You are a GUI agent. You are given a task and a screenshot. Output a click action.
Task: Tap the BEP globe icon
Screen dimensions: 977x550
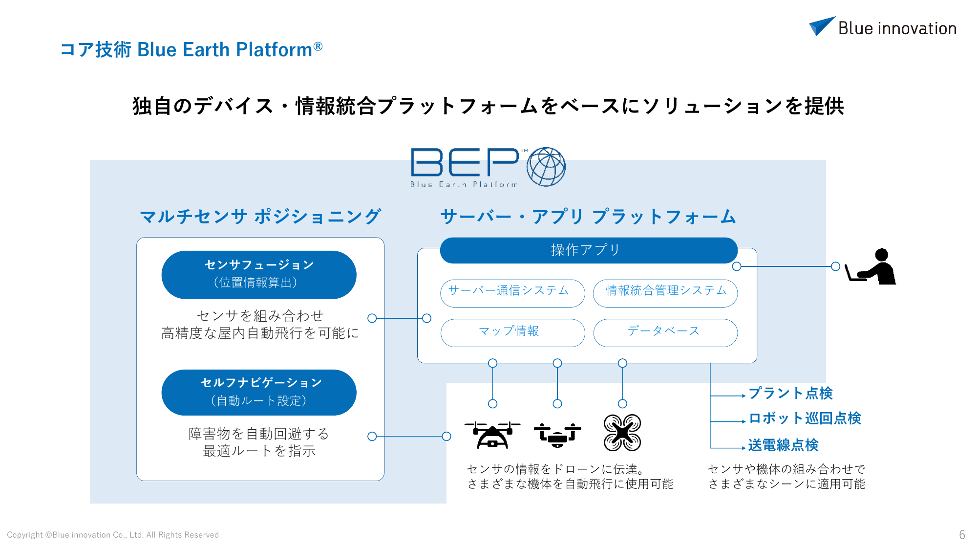click(546, 167)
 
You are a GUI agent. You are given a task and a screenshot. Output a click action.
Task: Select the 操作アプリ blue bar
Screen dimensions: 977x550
click(589, 250)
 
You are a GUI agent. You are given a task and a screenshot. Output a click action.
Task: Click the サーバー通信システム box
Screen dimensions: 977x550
click(512, 293)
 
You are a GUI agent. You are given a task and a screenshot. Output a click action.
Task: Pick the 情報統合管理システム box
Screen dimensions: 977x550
click(665, 293)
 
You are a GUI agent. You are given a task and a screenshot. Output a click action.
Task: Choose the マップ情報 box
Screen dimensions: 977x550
click(512, 333)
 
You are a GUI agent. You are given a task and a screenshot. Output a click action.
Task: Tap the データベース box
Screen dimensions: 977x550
click(665, 333)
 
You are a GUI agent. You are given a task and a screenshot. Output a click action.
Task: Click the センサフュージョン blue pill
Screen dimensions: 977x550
click(259, 275)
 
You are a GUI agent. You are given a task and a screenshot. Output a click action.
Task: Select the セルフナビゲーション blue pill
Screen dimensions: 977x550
click(259, 393)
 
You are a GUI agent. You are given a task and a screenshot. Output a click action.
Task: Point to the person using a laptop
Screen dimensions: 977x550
click(872, 266)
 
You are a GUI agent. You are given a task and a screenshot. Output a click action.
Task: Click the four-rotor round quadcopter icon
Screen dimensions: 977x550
click(622, 433)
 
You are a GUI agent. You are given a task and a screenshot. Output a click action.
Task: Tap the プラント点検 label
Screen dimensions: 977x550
click(790, 393)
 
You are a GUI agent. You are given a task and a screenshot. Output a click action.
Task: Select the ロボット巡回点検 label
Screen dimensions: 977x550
click(805, 418)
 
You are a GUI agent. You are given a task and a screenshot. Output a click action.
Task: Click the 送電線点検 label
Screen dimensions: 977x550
click(783, 445)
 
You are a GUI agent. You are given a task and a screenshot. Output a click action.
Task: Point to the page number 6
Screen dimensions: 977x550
click(962, 535)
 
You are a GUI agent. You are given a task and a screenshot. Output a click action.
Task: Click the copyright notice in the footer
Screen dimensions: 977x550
click(113, 535)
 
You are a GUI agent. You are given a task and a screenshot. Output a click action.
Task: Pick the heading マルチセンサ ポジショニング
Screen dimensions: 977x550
click(260, 216)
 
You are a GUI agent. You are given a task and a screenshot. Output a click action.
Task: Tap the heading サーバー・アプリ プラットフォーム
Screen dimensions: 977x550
click(588, 216)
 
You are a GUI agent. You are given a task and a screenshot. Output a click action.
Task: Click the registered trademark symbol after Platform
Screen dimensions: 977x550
click(318, 46)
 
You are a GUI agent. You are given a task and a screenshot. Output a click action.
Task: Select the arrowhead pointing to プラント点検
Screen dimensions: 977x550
click(743, 396)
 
